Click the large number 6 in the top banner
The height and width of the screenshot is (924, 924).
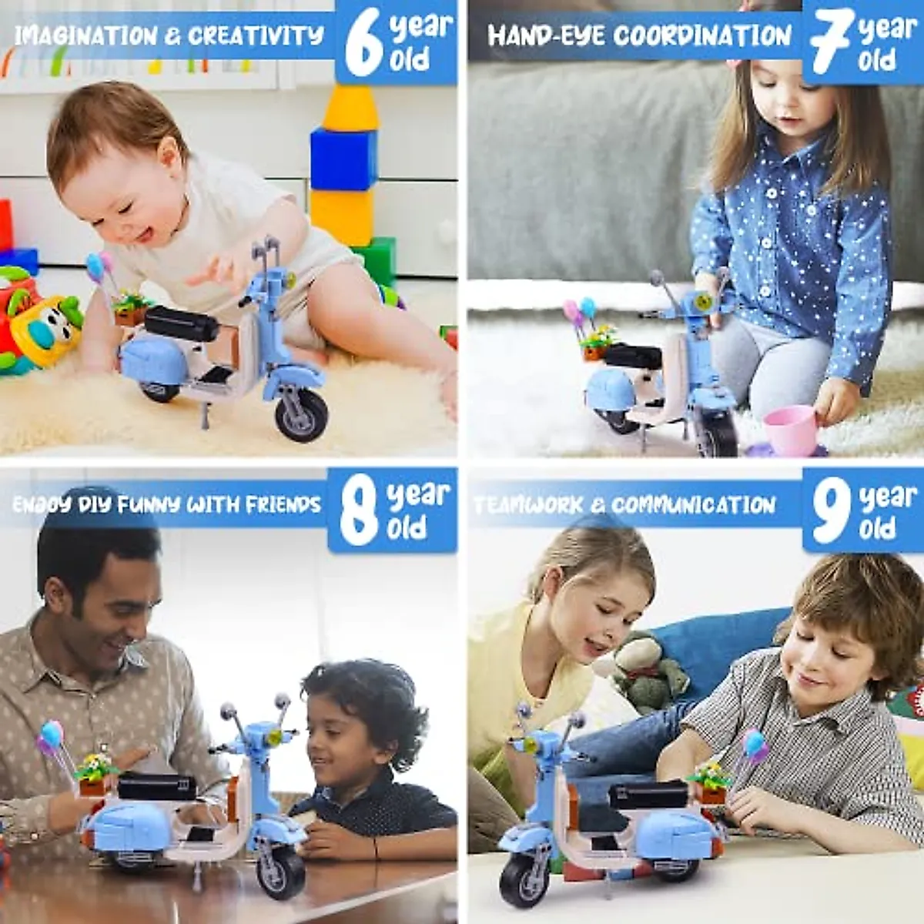click(363, 44)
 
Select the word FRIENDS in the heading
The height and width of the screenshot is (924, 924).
click(283, 504)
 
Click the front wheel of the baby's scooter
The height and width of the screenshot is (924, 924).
click(302, 415)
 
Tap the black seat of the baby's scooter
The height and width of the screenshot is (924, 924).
click(182, 323)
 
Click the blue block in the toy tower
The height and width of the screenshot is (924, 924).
click(343, 159)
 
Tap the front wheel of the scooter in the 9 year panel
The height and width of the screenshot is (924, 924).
click(524, 878)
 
